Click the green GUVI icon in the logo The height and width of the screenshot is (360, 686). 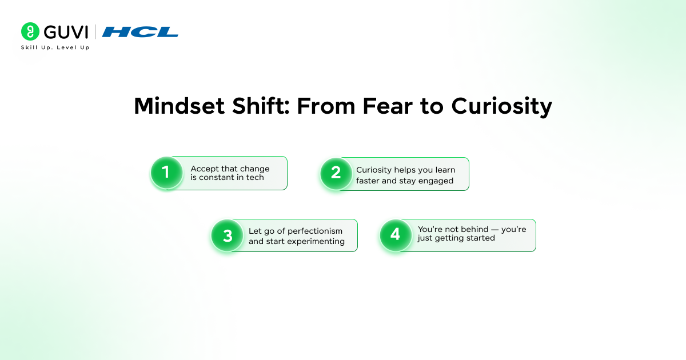pyautogui.click(x=30, y=31)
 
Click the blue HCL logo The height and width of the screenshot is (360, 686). pyautogui.click(x=140, y=31)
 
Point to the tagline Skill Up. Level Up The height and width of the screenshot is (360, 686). pyautogui.click(x=55, y=47)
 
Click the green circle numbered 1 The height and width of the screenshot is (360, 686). pyautogui.click(x=166, y=173)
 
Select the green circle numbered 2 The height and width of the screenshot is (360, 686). pyautogui.click(x=336, y=173)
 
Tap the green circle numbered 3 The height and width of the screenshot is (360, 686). pyautogui.click(x=228, y=235)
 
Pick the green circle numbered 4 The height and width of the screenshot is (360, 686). pyautogui.click(x=396, y=235)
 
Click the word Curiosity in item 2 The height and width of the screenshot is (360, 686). pyautogui.click(x=374, y=170)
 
